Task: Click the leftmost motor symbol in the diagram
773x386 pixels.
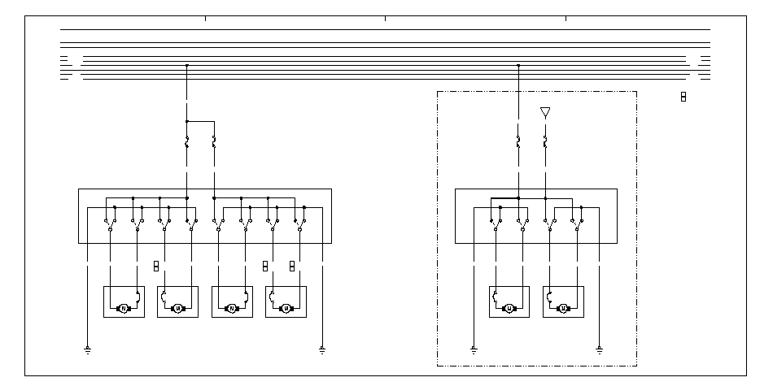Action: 124,309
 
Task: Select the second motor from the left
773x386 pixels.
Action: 178,309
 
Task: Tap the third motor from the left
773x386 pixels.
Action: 232,309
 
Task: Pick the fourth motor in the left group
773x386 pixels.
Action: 286,309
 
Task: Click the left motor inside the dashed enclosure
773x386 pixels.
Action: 509,309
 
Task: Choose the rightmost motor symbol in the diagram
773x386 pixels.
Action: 563,309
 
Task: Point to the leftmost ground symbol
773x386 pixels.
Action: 86,350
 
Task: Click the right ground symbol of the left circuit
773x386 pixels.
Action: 322,350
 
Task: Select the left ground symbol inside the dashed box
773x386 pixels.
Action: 474,350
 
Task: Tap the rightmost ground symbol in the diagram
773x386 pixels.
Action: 599,350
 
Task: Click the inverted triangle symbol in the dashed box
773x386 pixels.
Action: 545,112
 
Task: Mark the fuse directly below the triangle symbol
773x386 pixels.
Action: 545,142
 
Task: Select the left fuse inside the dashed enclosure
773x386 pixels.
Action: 518,142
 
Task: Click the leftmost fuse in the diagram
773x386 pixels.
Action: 187,142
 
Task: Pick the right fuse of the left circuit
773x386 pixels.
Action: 214,142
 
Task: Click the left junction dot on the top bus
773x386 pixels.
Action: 187,64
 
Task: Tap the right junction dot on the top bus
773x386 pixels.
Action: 518,64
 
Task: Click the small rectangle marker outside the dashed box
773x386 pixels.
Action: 683,98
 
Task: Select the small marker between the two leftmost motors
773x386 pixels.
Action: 155,266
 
